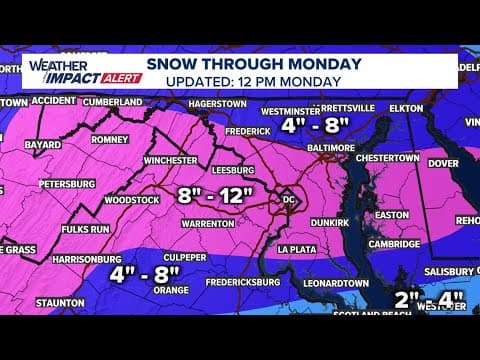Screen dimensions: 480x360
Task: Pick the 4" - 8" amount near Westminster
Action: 318,127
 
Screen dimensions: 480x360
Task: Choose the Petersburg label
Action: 67,184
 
